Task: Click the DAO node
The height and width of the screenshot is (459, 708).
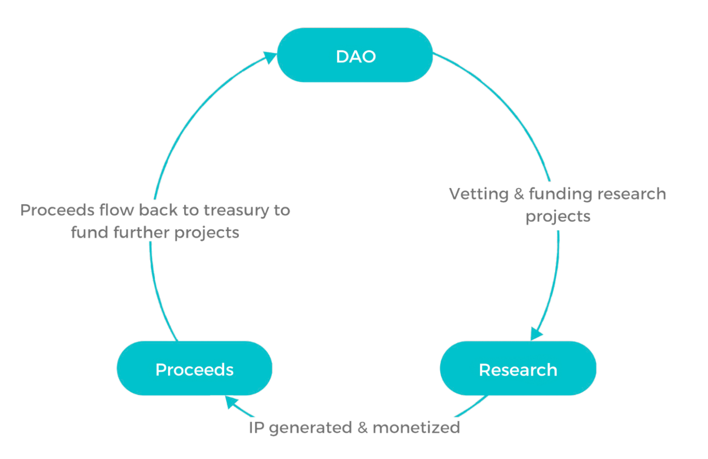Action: (x=355, y=55)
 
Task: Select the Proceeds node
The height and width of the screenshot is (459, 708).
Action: (x=194, y=368)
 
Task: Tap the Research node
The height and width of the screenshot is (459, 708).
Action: (x=518, y=368)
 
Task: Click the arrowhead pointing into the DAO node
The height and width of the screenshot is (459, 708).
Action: (x=270, y=58)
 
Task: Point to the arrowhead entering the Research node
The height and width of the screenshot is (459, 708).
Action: (x=536, y=334)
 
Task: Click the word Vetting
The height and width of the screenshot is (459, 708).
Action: (x=478, y=194)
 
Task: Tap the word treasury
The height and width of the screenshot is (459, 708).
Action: (x=239, y=211)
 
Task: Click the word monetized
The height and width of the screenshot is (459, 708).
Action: (x=416, y=428)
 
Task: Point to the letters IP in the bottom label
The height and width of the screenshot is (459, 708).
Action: (x=257, y=428)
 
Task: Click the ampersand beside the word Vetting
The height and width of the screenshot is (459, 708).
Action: (x=519, y=194)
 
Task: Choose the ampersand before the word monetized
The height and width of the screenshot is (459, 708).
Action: (x=362, y=428)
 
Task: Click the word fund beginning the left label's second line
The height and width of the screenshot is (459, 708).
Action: (x=90, y=232)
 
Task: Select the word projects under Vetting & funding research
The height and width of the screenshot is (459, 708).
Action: (x=558, y=217)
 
